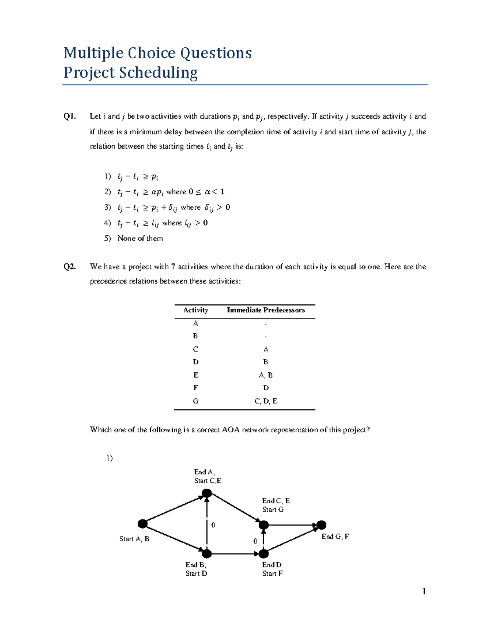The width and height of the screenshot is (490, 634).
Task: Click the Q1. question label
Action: [69, 116]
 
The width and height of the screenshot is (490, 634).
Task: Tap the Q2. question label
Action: [69, 267]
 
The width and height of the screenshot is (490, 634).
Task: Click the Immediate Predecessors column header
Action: [266, 310]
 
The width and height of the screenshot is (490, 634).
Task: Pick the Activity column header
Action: [196, 310]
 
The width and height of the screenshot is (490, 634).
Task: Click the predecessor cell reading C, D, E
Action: [266, 401]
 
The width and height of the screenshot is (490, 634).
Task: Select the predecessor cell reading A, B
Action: [266, 375]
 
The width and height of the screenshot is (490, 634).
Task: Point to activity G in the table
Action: [196, 401]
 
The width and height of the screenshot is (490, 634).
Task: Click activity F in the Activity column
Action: [196, 388]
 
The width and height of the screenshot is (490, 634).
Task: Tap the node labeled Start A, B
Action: [143, 524]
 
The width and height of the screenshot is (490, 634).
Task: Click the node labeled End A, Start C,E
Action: [207, 494]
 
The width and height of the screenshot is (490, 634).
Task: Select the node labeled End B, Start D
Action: [207, 554]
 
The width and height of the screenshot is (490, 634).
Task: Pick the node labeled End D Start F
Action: [264, 554]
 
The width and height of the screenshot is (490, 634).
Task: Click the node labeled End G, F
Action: [322, 525]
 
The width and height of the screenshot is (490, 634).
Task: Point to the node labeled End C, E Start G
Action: [264, 525]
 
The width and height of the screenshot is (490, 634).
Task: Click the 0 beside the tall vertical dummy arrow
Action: [213, 525]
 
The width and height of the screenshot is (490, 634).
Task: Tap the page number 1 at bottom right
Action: [424, 592]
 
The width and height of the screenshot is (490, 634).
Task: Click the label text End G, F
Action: [335, 537]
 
